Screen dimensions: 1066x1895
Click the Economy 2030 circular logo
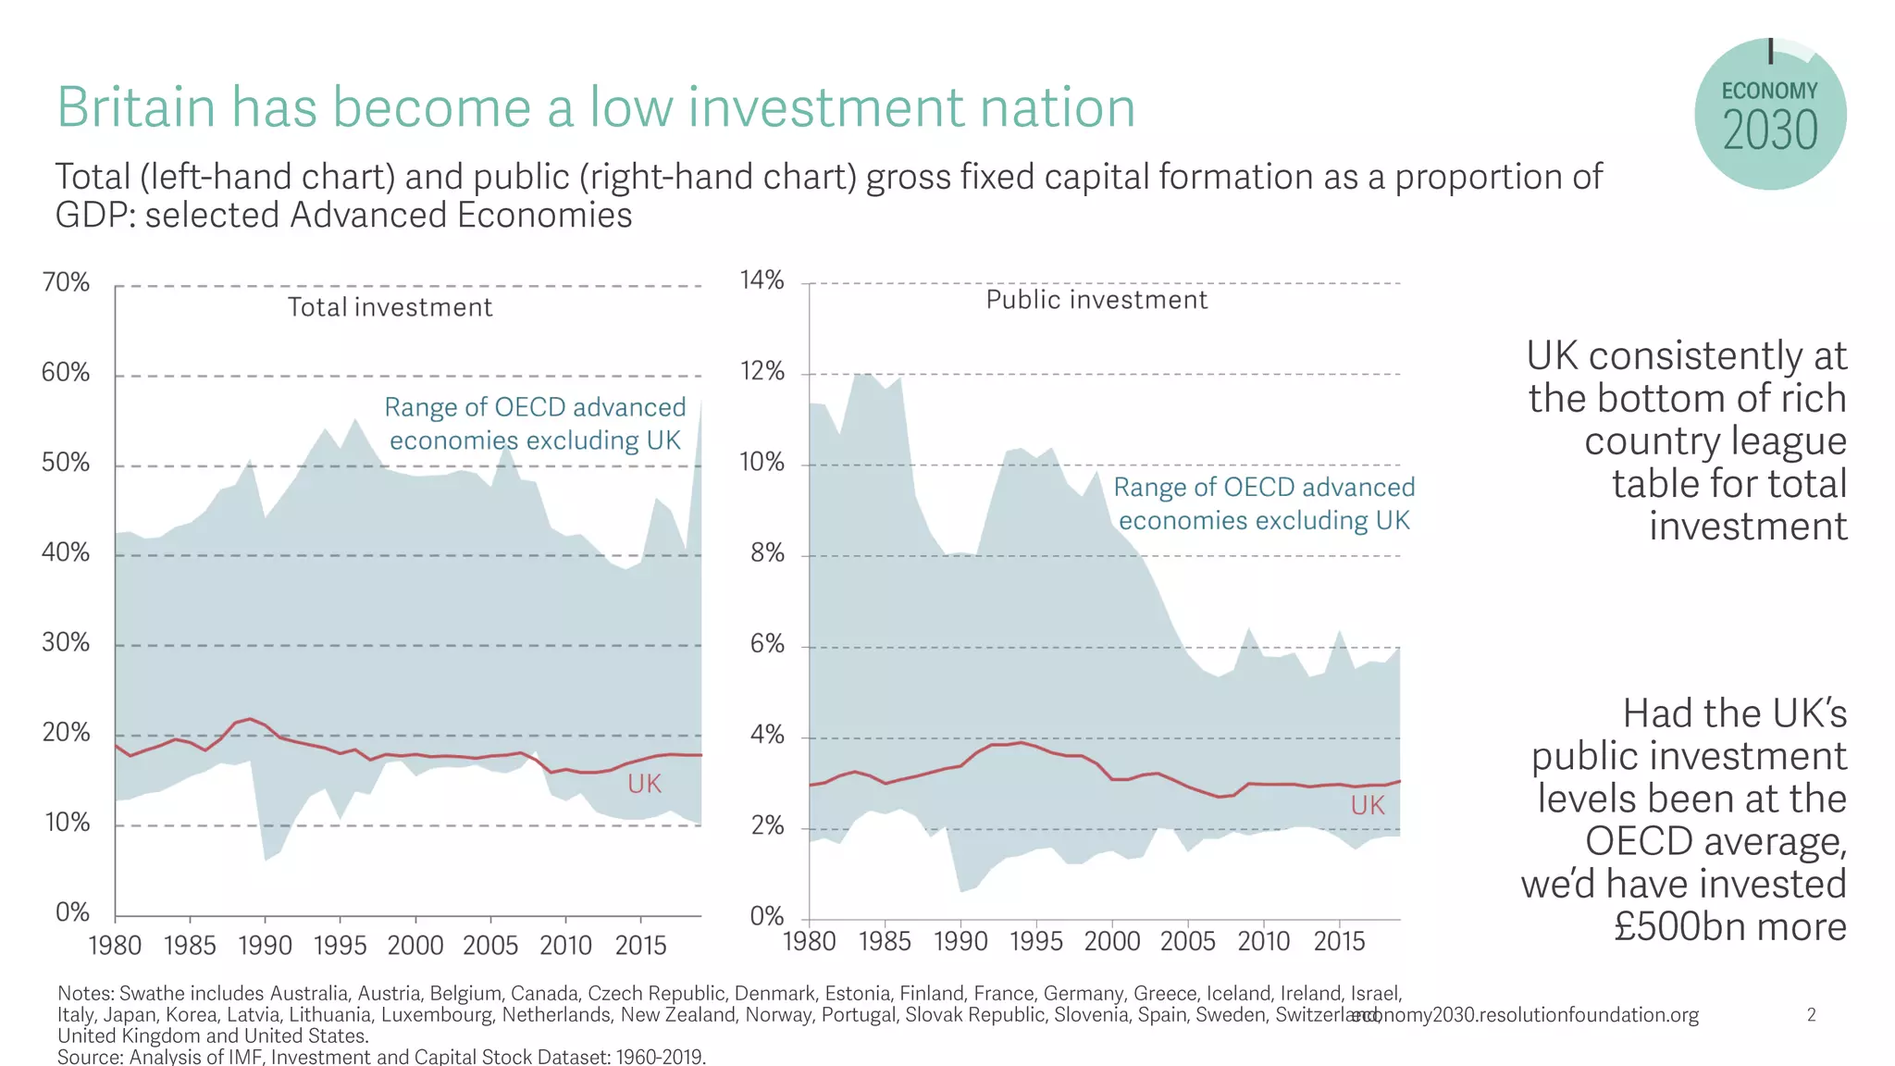coord(1769,115)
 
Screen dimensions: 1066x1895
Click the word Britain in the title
coord(136,107)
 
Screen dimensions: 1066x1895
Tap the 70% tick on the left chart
coord(66,282)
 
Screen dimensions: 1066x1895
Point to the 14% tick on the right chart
coord(762,279)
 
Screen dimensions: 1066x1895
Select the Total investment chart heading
coord(390,307)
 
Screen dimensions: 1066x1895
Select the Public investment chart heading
coord(1096,300)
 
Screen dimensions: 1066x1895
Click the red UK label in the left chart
coord(644,785)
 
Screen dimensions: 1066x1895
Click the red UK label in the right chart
coord(1367,806)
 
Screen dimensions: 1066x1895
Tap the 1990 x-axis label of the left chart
coord(265,946)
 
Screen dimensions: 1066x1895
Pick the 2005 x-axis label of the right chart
coord(1187,942)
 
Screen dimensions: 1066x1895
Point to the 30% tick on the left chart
coord(66,643)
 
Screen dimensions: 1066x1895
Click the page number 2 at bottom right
coord(1811,1015)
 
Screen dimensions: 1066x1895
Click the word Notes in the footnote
coord(85,994)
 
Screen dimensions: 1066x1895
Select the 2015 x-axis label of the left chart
coord(640,946)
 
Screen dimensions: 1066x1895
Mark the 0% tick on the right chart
coord(767,917)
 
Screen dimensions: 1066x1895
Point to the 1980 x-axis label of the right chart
coord(810,942)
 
